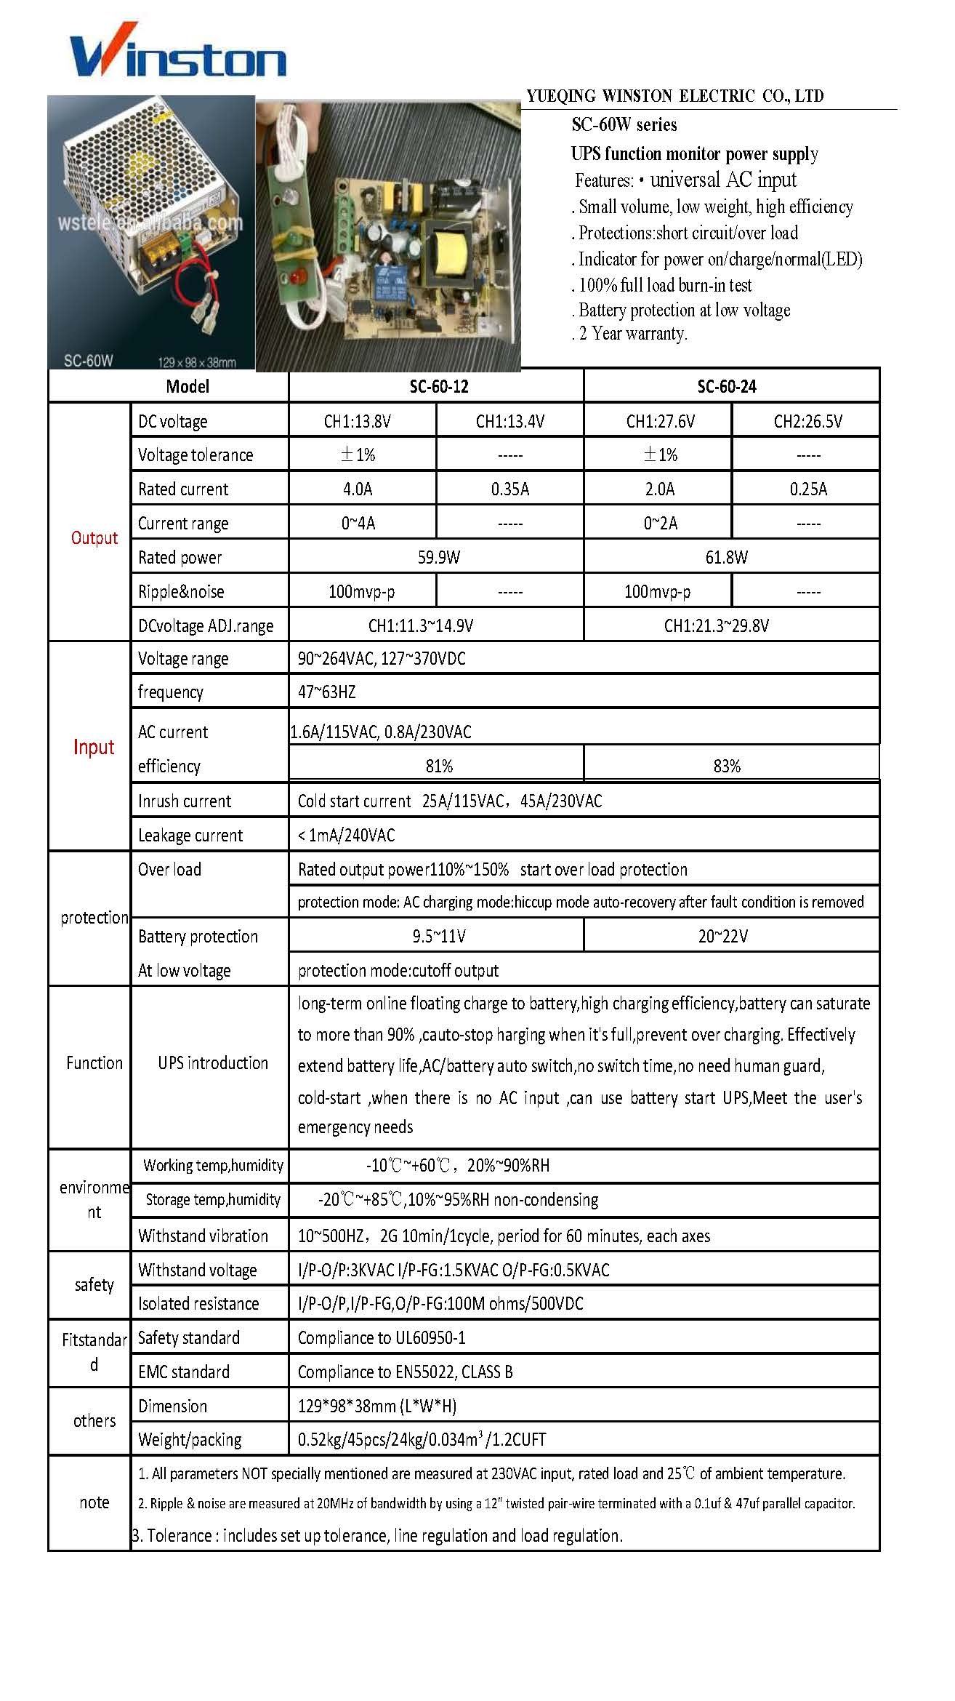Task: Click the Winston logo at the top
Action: (178, 52)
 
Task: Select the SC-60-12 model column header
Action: (438, 387)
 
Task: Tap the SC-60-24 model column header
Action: (726, 387)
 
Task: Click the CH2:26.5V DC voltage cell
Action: (807, 422)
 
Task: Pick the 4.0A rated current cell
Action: (358, 489)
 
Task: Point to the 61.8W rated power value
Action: (726, 558)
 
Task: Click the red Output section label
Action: (94, 538)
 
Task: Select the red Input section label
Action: (94, 748)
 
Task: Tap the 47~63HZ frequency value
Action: (327, 692)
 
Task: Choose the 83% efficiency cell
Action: (726, 767)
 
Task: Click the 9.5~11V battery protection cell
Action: (439, 937)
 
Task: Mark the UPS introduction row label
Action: (213, 1063)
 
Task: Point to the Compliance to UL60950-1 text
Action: (382, 1338)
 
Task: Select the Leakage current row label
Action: (190, 836)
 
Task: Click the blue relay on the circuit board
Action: (394, 283)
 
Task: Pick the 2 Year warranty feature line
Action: (631, 334)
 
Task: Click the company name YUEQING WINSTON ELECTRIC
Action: (674, 96)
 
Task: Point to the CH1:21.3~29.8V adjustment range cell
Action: (717, 626)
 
